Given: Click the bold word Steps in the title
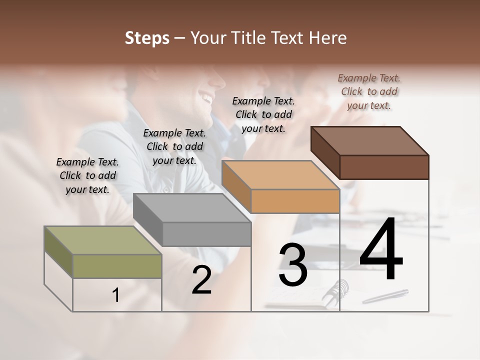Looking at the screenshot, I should tap(147, 38).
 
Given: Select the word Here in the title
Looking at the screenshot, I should tap(328, 38).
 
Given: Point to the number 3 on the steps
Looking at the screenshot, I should tap(293, 265).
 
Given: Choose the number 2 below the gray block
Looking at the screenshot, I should tap(201, 280).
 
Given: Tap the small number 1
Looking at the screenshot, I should tap(116, 295).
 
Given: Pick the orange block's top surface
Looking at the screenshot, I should tap(280, 175).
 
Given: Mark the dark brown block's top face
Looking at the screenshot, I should tap(369, 141).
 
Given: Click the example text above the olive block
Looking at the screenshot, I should tap(87, 175).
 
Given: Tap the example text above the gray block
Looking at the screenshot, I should tap(174, 146).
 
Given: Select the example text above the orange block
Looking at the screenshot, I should tap(263, 114).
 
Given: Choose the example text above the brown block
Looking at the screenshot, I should tap(369, 91).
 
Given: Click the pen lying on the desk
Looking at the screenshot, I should tap(385, 296).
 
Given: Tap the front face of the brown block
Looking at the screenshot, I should tap(384, 167).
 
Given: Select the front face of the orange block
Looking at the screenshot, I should tap(295, 201).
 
